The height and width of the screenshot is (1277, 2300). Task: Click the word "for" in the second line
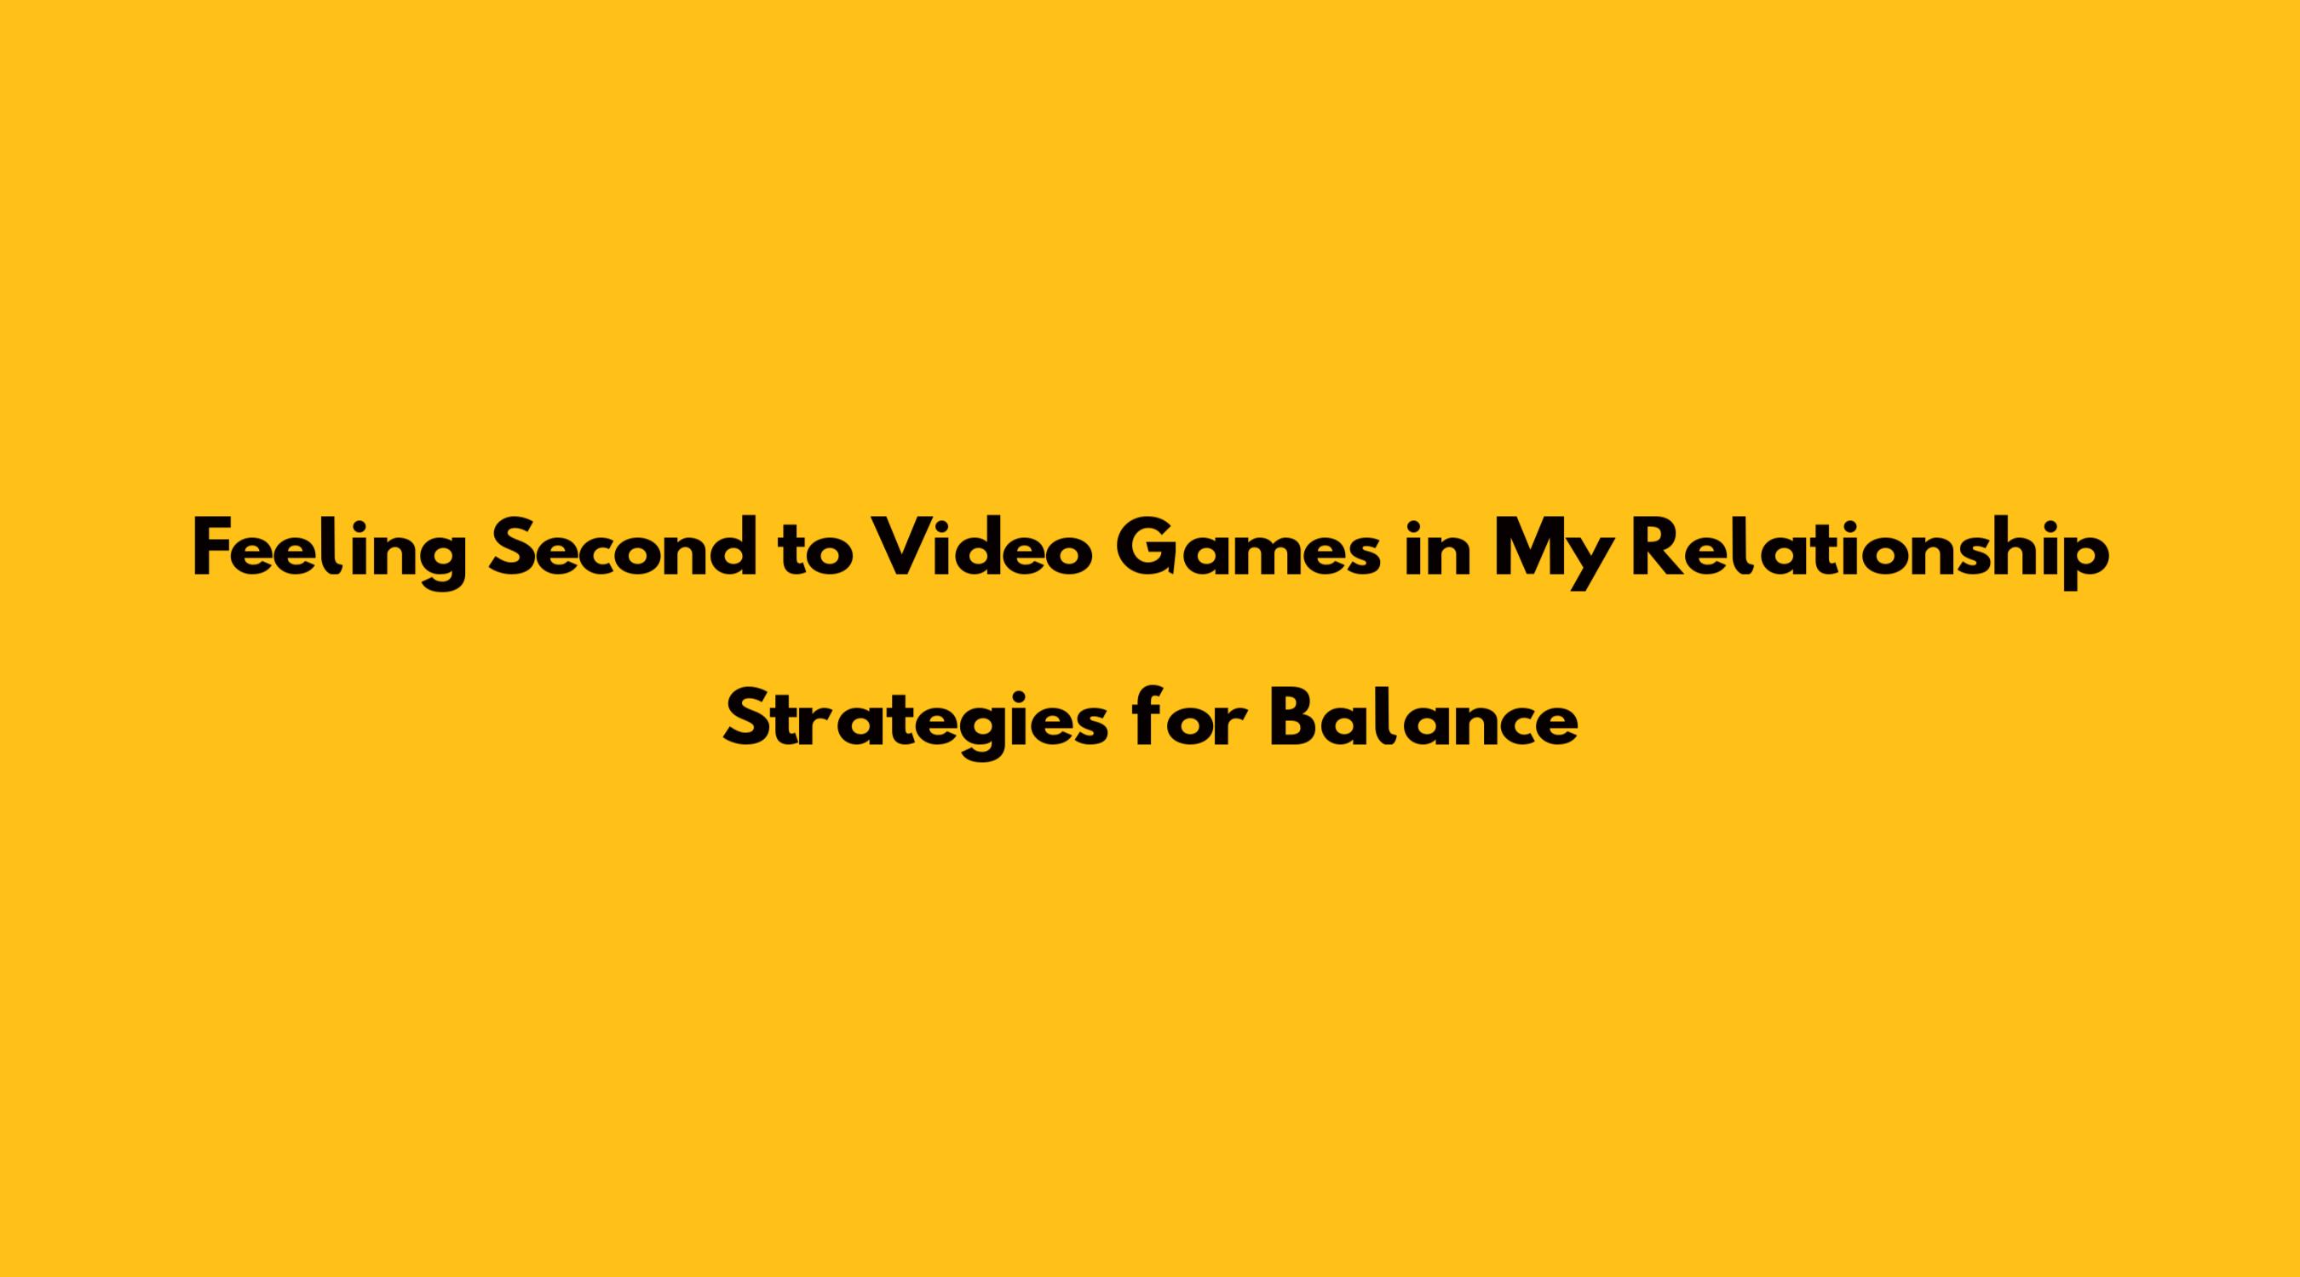pyautogui.click(x=1187, y=719)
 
